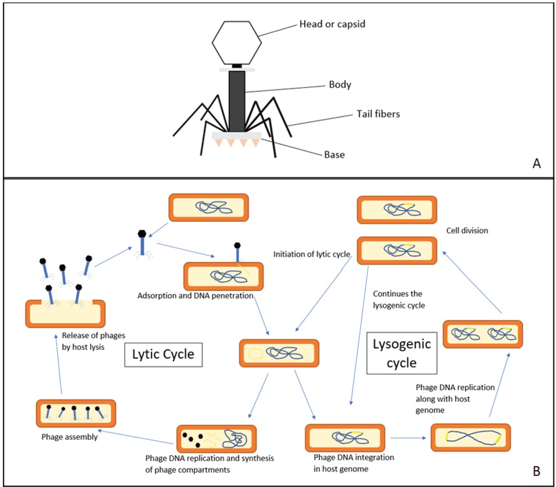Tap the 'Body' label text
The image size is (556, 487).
pos(340,85)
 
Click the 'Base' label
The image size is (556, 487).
pos(334,154)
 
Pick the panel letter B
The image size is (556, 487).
pos(536,470)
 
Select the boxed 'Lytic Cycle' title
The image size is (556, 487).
pos(163,354)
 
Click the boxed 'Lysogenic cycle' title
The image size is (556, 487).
pos(402,353)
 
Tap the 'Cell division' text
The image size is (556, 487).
pos(467,231)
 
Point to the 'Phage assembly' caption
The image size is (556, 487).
pos(70,437)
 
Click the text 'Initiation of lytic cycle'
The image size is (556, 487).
pos(312,254)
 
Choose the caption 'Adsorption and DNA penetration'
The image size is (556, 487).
pos(195,296)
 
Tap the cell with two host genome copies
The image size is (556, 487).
pos(483,334)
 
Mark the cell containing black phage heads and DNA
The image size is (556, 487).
pos(216,439)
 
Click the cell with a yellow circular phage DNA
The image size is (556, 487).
pos(278,353)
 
